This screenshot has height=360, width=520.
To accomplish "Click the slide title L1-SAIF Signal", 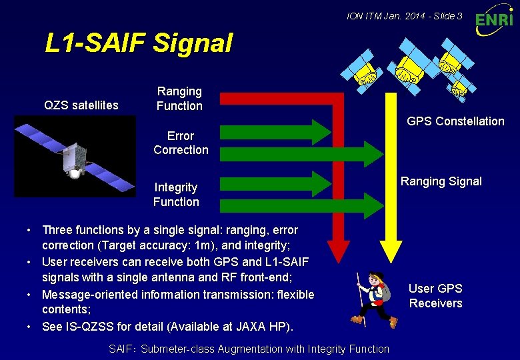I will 139,43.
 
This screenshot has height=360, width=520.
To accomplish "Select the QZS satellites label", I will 81,105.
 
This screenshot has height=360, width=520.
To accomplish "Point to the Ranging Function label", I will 179,98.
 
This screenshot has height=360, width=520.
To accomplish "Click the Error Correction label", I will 181,143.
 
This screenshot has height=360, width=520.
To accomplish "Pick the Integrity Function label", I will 176,194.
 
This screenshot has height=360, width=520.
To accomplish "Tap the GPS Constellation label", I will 455,121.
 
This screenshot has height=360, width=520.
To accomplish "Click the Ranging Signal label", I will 441,181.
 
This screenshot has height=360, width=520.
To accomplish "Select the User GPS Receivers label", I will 435,295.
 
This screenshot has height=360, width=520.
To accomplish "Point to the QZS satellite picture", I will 75,157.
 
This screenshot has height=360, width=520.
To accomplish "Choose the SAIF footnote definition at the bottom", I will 249,349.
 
